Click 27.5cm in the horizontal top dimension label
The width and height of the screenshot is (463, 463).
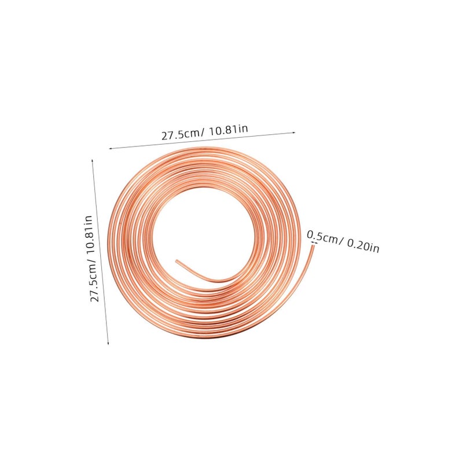pyautogui.click(x=181, y=134)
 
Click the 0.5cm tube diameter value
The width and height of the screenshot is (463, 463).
pyautogui.click(x=322, y=237)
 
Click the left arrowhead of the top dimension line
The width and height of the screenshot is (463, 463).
pyautogui.click(x=111, y=149)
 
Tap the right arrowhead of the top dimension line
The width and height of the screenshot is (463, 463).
pyautogui.click(x=293, y=133)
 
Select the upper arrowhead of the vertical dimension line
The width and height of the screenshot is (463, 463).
pyautogui.click(x=93, y=161)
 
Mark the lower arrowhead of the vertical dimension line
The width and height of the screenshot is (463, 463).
pyautogui.click(x=108, y=343)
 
